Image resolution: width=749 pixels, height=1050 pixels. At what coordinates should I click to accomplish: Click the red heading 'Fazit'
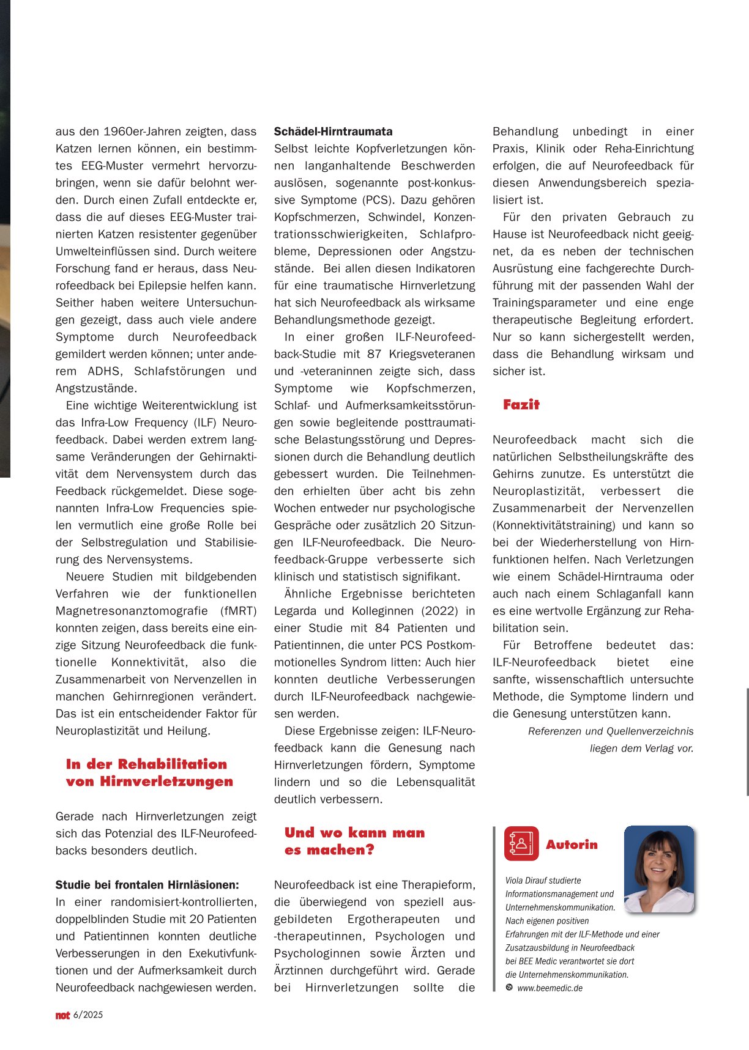click(x=521, y=404)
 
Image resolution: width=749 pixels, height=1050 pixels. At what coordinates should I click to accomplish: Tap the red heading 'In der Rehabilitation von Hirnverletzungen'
click(x=149, y=772)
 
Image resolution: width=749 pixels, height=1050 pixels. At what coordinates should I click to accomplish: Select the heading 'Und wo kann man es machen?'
click(x=354, y=841)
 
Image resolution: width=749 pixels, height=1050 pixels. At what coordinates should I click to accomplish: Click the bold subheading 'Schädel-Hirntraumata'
click(x=333, y=131)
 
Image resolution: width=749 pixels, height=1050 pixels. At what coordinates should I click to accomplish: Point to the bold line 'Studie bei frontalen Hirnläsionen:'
click(x=147, y=885)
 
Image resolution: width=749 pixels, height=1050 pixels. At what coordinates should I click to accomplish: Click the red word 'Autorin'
click(x=572, y=845)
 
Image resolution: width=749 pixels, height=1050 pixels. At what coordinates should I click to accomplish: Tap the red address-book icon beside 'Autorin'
click(x=521, y=843)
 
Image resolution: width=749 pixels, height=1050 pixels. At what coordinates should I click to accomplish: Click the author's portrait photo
click(x=659, y=868)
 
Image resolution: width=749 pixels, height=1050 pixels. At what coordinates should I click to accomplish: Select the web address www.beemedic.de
click(x=550, y=988)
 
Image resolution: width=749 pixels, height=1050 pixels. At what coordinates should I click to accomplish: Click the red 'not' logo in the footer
click(x=62, y=1015)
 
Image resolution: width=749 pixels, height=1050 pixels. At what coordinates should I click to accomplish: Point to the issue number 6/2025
click(x=88, y=1015)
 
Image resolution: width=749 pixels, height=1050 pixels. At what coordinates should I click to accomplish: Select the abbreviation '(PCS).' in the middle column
click(x=378, y=200)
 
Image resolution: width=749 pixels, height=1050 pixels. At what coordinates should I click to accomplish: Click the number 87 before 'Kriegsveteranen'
click(x=374, y=354)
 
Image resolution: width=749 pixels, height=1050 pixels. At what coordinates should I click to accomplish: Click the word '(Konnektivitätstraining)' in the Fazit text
click(x=554, y=525)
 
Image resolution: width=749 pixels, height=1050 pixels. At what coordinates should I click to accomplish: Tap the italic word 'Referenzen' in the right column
click(x=554, y=731)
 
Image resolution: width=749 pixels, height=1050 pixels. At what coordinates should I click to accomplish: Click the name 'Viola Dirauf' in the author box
click(x=527, y=881)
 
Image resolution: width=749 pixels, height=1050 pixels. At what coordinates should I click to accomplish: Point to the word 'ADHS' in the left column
click(x=104, y=371)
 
